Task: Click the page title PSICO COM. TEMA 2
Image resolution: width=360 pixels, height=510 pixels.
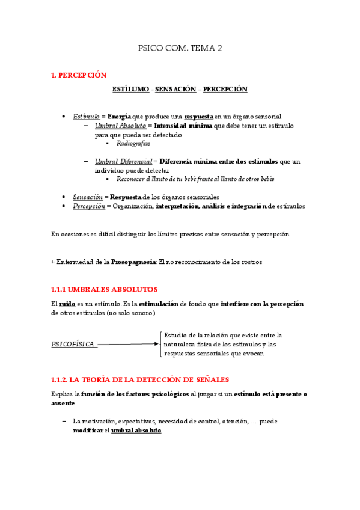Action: (180, 48)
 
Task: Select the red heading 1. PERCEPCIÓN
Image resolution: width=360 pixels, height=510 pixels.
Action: (79, 75)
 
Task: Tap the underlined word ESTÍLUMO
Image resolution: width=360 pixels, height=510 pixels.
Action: (130, 89)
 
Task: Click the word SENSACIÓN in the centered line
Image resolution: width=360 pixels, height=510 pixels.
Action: (175, 89)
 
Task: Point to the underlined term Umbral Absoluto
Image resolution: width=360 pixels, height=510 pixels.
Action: (120, 126)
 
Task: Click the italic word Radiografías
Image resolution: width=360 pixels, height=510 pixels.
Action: (133, 144)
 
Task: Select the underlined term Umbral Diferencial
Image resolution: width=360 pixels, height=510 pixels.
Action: (123, 161)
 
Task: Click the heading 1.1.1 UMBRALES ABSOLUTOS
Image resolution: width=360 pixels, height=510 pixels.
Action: (105, 289)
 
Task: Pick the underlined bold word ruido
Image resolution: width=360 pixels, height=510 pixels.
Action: (67, 304)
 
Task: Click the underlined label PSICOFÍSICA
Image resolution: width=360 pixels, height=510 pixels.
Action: (73, 344)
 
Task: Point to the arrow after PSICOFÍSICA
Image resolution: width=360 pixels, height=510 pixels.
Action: (127, 345)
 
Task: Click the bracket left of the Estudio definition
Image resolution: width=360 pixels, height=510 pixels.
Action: (160, 344)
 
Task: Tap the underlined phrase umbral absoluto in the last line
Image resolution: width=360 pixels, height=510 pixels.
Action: (136, 431)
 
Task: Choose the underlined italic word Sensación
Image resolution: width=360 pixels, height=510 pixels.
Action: (88, 197)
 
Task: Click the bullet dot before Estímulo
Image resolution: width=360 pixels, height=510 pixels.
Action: (64, 116)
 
